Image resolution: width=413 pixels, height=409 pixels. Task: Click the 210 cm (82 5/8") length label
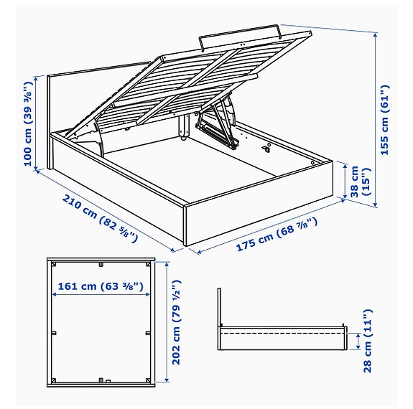[x=101, y=217]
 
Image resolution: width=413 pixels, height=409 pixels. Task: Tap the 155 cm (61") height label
[x=386, y=119]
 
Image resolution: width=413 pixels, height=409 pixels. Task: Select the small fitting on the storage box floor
[x=266, y=149]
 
